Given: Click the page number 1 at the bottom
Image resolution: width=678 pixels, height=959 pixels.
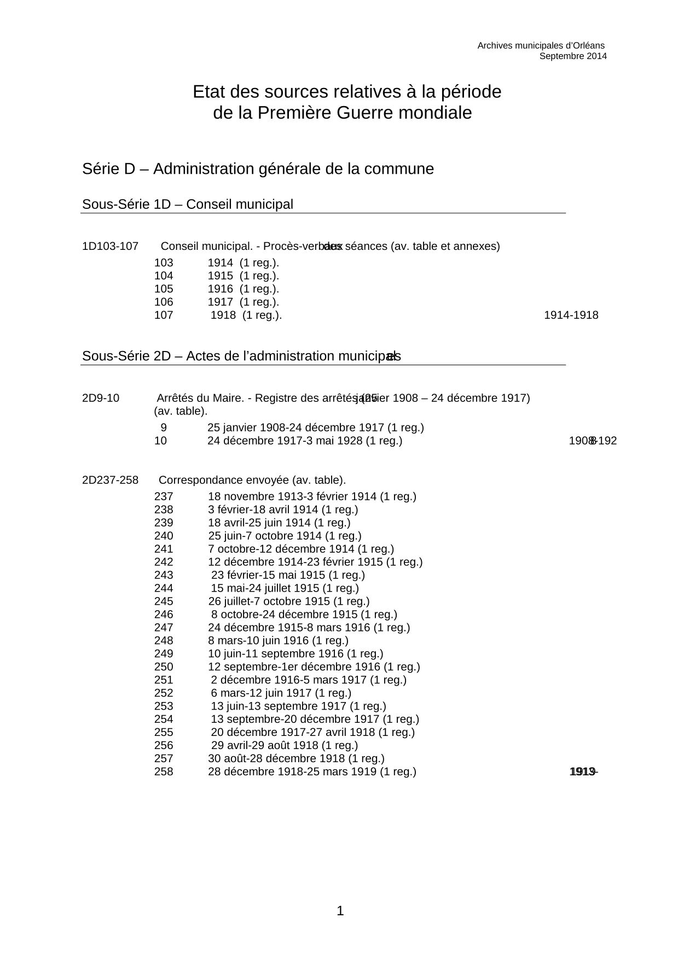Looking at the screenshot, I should tap(340, 911).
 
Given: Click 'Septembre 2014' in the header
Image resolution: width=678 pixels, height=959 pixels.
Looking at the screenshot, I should tap(573, 56).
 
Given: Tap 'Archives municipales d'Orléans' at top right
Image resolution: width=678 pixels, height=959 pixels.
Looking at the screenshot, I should tap(541, 45).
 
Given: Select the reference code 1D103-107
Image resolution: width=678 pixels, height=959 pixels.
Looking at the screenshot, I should tap(110, 246).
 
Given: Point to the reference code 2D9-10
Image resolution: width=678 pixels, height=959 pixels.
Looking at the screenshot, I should tap(101, 398).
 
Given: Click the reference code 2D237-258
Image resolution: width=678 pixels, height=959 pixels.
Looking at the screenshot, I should tap(110, 480).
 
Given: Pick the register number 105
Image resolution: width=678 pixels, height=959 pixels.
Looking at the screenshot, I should tap(164, 289).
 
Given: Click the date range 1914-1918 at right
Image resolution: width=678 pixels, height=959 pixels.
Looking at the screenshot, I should tap(571, 315).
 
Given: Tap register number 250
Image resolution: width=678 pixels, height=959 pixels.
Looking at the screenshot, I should tap(164, 666).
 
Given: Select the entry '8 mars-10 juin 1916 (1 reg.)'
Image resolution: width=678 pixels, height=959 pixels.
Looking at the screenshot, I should tap(278, 640).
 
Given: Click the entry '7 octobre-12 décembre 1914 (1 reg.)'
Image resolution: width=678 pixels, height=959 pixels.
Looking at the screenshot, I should tap(301, 548).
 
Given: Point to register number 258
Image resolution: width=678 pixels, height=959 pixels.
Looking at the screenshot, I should tap(164, 771).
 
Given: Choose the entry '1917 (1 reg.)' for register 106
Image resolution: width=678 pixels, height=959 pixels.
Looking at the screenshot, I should tap(243, 302).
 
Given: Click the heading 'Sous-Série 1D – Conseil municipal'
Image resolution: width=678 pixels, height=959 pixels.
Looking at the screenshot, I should tap(187, 204).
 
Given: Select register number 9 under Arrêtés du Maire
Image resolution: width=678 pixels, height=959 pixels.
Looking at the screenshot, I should tap(164, 427).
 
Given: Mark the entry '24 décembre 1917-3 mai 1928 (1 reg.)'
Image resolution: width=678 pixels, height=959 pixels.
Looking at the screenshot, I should tap(304, 440).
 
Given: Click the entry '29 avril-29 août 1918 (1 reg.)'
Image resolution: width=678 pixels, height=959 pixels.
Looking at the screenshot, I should tap(285, 745).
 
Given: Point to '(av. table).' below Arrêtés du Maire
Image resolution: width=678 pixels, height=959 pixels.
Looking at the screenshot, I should tap(181, 411).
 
